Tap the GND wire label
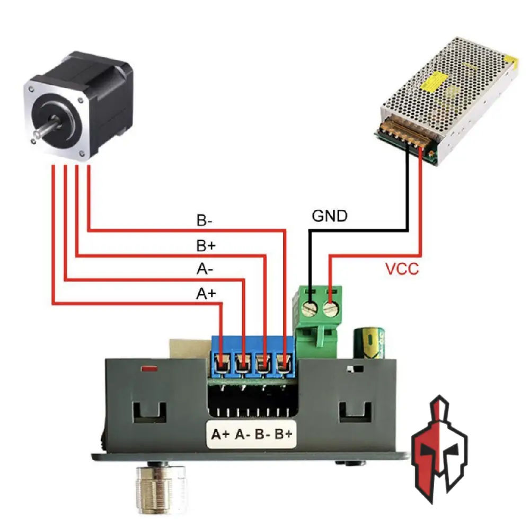[x=330, y=216]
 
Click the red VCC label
[x=401, y=269]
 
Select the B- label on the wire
[x=205, y=221]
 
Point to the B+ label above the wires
[x=206, y=246]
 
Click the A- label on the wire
[x=205, y=270]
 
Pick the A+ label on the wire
[x=207, y=293]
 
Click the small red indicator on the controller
[x=148, y=368]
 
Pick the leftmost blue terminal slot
[x=222, y=364]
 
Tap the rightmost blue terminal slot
[x=285, y=364]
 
